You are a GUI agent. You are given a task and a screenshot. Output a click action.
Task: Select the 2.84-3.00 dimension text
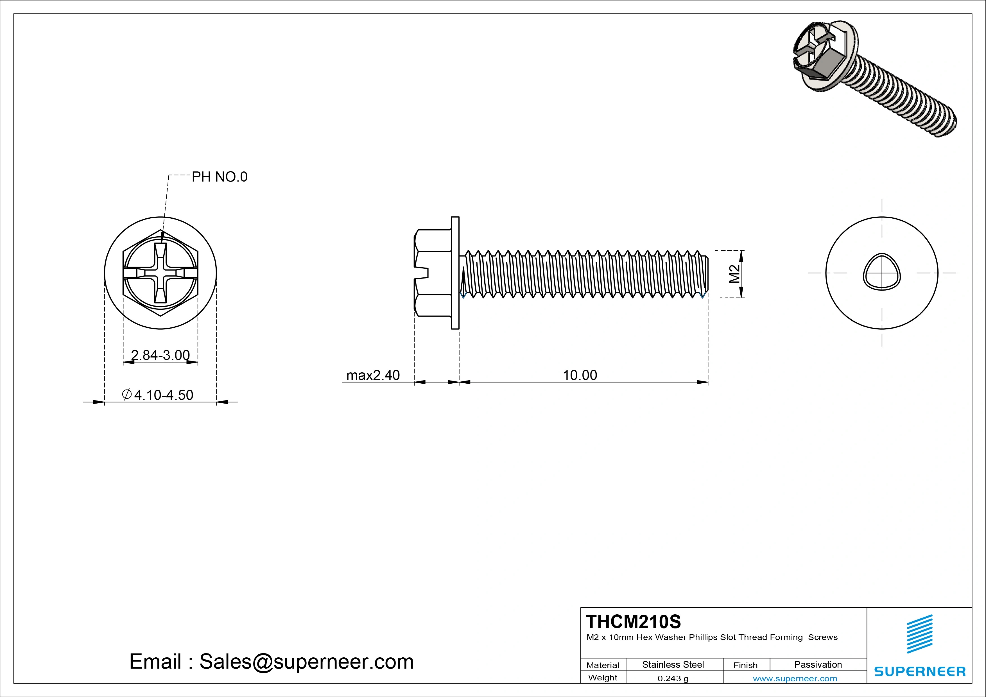160,355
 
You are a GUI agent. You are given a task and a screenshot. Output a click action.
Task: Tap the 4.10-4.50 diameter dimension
163,395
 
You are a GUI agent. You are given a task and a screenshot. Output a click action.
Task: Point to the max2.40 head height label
373,375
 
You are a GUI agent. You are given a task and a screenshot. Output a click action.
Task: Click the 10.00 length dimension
580,375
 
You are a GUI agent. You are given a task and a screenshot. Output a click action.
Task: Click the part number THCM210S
634,621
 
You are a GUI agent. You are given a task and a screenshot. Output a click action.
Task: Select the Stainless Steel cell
673,664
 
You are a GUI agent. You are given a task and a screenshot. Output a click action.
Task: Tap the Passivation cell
818,664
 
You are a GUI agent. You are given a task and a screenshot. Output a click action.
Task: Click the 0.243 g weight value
673,678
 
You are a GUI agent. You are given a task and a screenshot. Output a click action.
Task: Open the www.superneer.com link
795,678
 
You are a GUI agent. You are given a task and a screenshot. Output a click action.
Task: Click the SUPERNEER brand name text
919,671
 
